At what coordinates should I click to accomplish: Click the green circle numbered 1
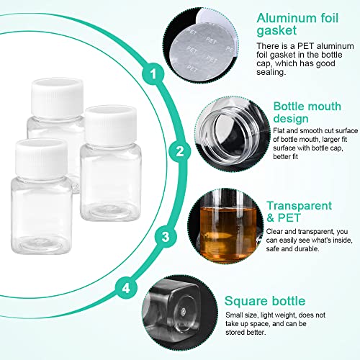(x=153, y=73)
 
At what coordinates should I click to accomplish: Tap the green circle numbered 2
(x=181, y=151)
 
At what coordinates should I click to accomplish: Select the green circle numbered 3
(x=165, y=235)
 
